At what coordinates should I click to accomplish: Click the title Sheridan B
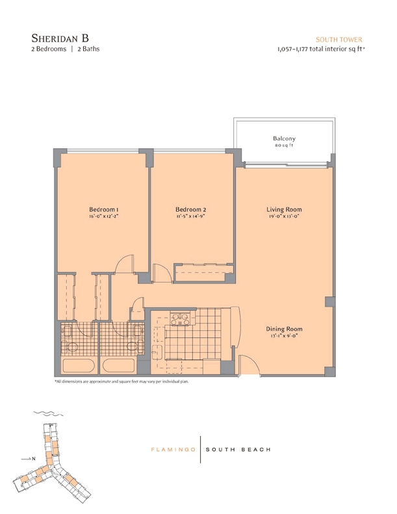tap(60, 38)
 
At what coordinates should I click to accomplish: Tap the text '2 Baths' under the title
tap(88, 49)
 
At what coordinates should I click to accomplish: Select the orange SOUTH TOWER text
tap(339, 40)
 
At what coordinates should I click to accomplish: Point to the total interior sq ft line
tap(321, 49)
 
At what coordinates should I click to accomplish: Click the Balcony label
tap(284, 138)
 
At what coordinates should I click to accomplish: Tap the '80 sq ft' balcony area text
tap(284, 145)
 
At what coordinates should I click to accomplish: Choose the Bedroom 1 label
tap(103, 209)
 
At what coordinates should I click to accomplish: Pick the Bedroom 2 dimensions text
tap(190, 216)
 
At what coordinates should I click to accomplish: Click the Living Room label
tap(284, 209)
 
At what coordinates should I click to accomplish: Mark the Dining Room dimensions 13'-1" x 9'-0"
tap(284, 336)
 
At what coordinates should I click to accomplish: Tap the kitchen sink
tap(157, 350)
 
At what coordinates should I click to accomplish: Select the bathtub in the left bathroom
tap(79, 365)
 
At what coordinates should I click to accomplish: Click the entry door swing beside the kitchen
tap(249, 365)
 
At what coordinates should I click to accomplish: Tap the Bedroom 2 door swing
tap(162, 273)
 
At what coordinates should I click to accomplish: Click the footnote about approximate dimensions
tap(122, 381)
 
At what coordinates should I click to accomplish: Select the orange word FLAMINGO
tap(173, 450)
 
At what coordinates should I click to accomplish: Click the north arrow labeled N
tap(28, 459)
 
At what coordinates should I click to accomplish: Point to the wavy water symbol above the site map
tap(49, 413)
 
